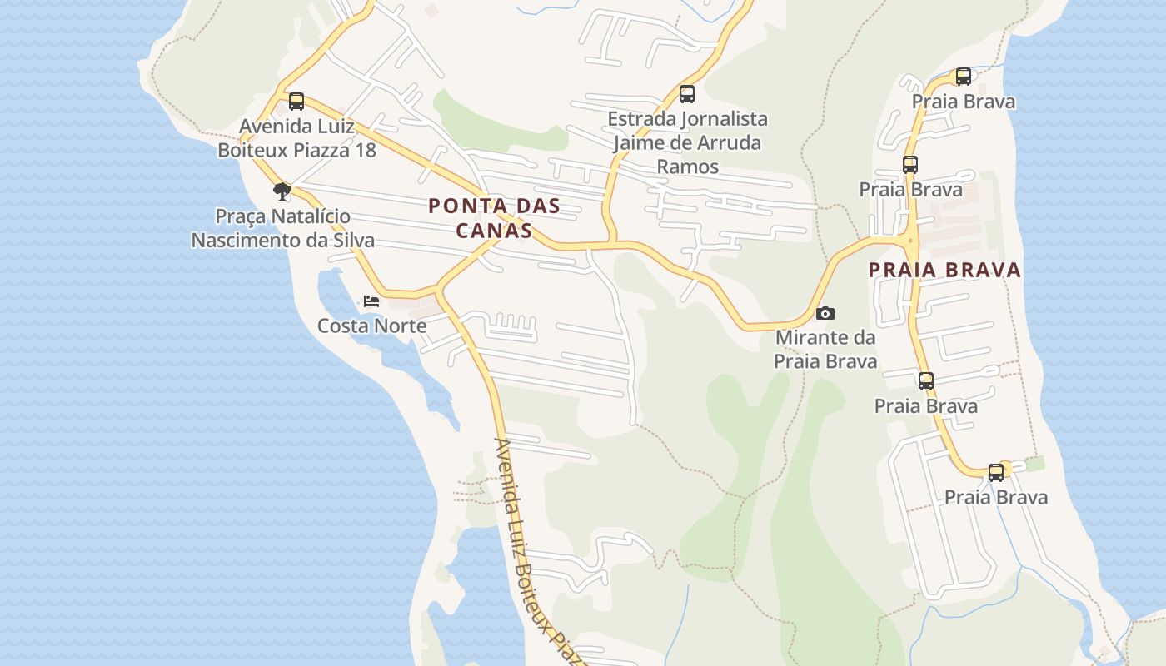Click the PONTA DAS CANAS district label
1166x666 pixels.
click(494, 218)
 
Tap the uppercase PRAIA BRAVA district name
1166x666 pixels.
click(944, 270)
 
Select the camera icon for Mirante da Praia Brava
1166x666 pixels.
click(825, 313)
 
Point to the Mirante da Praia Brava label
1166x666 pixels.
click(825, 350)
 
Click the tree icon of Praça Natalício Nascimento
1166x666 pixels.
click(282, 191)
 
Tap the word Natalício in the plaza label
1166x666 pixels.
click(310, 216)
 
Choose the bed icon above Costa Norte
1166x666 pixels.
click(371, 301)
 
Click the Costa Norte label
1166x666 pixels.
click(371, 326)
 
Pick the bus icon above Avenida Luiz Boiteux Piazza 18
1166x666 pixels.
click(296, 102)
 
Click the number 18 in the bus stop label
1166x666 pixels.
click(365, 150)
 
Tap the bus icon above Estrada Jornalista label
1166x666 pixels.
click(687, 94)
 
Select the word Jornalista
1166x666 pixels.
click(723, 119)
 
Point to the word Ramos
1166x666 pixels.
click(687, 166)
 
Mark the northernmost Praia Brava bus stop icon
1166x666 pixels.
click(964, 77)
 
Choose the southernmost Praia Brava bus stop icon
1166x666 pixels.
click(996, 473)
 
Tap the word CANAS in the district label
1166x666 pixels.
click(494, 231)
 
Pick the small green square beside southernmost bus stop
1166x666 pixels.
click(1035, 464)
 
